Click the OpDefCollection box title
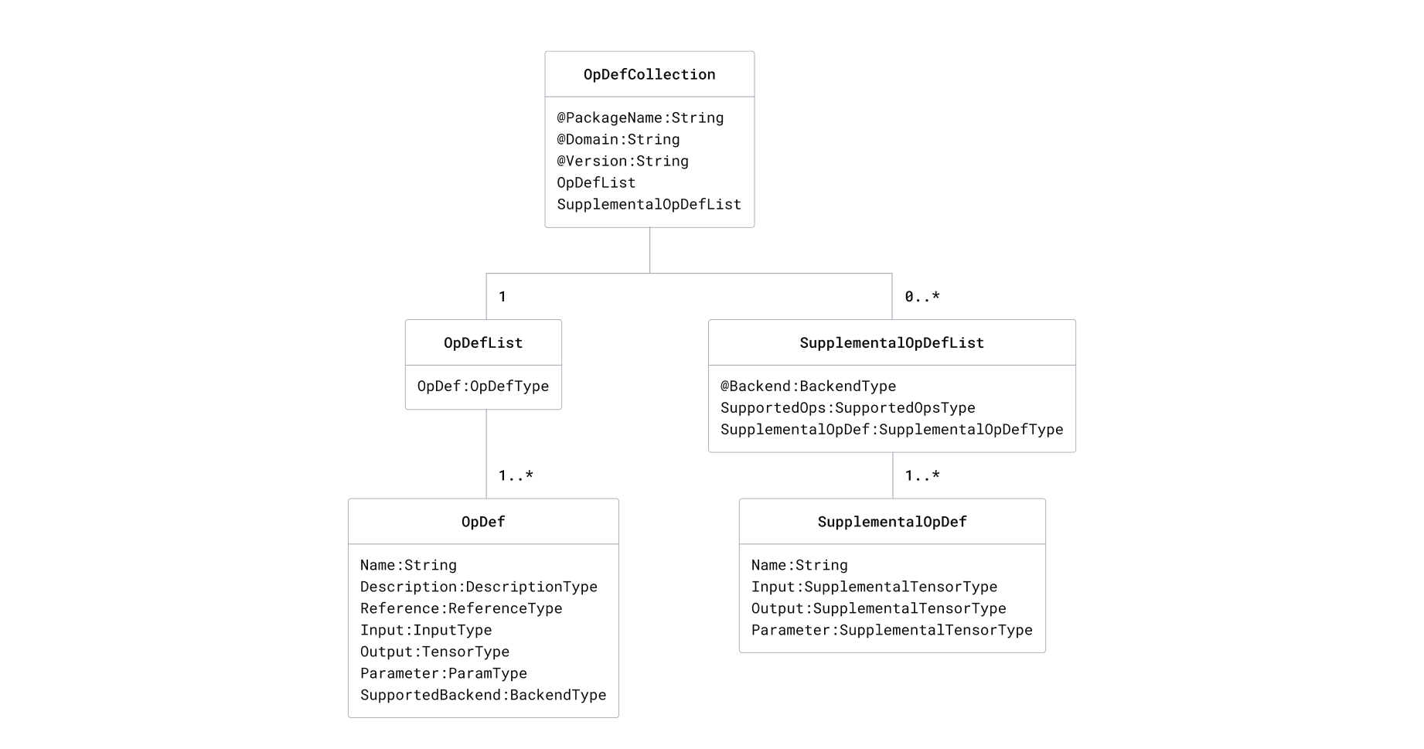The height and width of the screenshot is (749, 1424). point(649,74)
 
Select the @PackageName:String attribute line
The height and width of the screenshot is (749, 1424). point(640,117)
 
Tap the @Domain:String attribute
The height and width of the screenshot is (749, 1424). point(618,139)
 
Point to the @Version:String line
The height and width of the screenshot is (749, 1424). point(622,161)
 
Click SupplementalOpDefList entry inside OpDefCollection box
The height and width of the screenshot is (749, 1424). point(649,204)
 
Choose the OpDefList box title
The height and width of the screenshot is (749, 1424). point(483,342)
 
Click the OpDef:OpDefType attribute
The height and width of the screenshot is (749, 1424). point(483,386)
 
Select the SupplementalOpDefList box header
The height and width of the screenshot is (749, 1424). point(891,342)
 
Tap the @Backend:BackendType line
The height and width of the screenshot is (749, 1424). point(808,386)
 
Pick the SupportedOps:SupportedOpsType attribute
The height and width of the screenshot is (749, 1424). point(847,407)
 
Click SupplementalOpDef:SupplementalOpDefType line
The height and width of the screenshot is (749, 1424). point(891,429)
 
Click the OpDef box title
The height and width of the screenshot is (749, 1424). point(483,522)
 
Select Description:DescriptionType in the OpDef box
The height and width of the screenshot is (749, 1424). point(479,587)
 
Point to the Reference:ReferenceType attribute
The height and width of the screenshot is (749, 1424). point(461,608)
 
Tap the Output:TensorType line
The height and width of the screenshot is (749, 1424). point(434,652)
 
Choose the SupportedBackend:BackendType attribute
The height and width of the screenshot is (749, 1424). point(483,695)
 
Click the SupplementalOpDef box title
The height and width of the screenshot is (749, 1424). point(892,522)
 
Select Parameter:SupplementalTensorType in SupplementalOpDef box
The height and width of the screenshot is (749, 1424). point(891,630)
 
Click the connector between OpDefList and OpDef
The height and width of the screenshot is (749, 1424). point(486,455)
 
